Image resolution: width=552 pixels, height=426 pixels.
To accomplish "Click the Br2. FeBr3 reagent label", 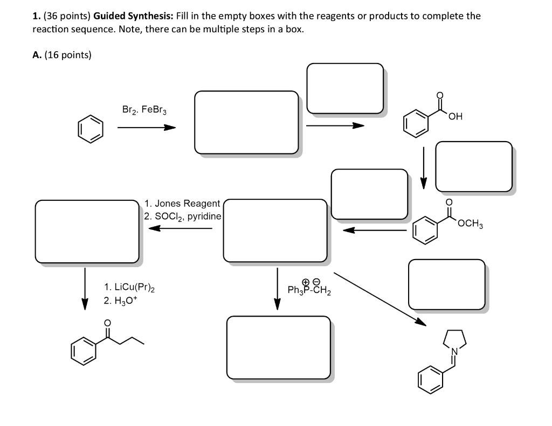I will pos(144,110).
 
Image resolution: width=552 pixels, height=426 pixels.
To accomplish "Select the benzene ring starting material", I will pos(89,129).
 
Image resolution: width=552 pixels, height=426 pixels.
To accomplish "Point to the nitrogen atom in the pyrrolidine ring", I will pos(454,352).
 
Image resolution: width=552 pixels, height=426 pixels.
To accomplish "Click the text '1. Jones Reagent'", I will pos(182,204).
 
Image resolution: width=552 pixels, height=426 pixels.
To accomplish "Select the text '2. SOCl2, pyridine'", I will pos(182,216).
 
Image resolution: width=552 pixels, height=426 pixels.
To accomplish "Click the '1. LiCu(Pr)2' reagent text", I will pos(129,288).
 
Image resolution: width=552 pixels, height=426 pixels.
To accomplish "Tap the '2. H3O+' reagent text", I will pos(121,301).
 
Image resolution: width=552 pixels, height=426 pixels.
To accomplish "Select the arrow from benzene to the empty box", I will pos(146,128).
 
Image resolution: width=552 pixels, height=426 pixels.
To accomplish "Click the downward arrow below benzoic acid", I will pos(424,167).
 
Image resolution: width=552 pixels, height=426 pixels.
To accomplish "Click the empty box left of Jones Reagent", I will pos(87,231).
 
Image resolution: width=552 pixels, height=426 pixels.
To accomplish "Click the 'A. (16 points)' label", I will pos(62,55).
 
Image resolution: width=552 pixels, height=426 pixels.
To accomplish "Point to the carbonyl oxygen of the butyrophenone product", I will pos(107,323).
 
